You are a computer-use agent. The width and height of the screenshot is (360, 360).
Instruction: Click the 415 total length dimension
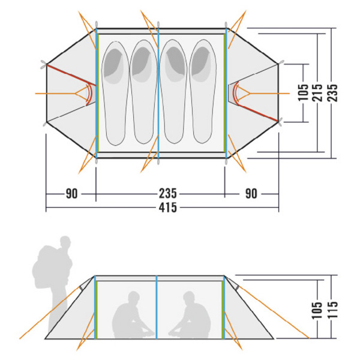(x=168, y=208)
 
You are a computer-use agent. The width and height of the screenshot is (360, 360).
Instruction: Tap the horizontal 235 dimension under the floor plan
(x=168, y=194)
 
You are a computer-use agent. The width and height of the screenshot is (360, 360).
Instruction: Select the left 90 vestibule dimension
(x=72, y=194)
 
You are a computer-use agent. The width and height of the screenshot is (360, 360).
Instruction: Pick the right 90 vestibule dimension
(x=251, y=194)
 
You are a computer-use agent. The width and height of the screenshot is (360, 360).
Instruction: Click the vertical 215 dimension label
(x=317, y=92)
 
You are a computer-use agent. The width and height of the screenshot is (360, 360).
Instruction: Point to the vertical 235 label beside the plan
(x=332, y=92)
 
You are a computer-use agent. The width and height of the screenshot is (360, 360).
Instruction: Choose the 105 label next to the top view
(x=303, y=92)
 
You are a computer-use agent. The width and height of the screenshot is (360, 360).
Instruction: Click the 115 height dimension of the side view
(x=332, y=310)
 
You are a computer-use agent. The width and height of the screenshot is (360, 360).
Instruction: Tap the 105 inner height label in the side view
(x=317, y=310)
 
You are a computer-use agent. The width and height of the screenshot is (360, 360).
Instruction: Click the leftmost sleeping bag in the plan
(x=115, y=93)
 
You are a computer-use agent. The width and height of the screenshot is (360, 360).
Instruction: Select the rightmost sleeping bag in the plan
(x=203, y=91)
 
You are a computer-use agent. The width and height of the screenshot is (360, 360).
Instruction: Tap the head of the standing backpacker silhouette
(x=65, y=242)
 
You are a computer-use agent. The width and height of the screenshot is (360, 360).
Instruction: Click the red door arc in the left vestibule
(x=90, y=94)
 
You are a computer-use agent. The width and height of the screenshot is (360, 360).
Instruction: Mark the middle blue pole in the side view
(x=157, y=307)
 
